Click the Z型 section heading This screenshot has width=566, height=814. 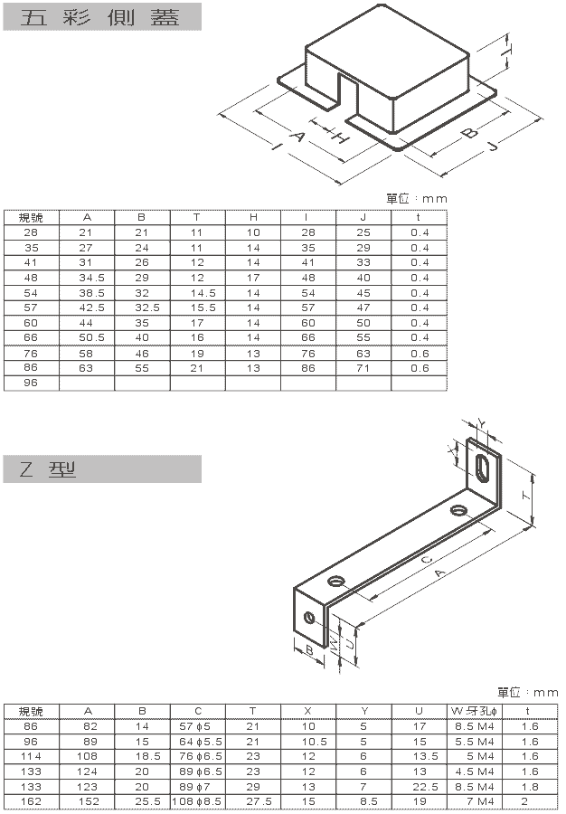(x=48, y=469)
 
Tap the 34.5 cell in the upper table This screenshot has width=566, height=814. (x=92, y=278)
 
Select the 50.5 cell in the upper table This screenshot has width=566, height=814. (x=92, y=337)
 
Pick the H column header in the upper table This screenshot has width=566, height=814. (x=253, y=217)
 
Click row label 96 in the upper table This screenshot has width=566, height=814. (x=31, y=383)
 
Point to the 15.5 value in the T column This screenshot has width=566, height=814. (x=203, y=308)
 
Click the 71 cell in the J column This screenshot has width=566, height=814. (x=363, y=368)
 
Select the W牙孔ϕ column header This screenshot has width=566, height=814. (x=474, y=711)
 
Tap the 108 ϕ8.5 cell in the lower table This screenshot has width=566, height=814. (x=197, y=801)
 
